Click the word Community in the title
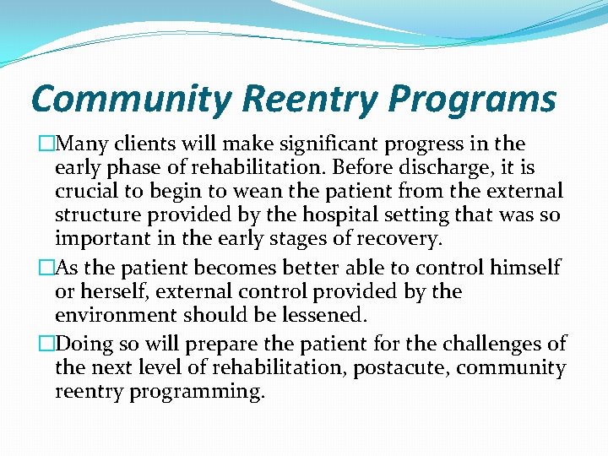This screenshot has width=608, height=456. (130, 99)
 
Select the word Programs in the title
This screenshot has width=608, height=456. (472, 99)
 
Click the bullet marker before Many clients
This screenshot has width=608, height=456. (47, 144)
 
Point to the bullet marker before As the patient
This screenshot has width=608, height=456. (47, 269)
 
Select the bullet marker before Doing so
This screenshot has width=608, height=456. (47, 344)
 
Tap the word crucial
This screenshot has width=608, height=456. (84, 192)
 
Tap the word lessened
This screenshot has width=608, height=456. (325, 316)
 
